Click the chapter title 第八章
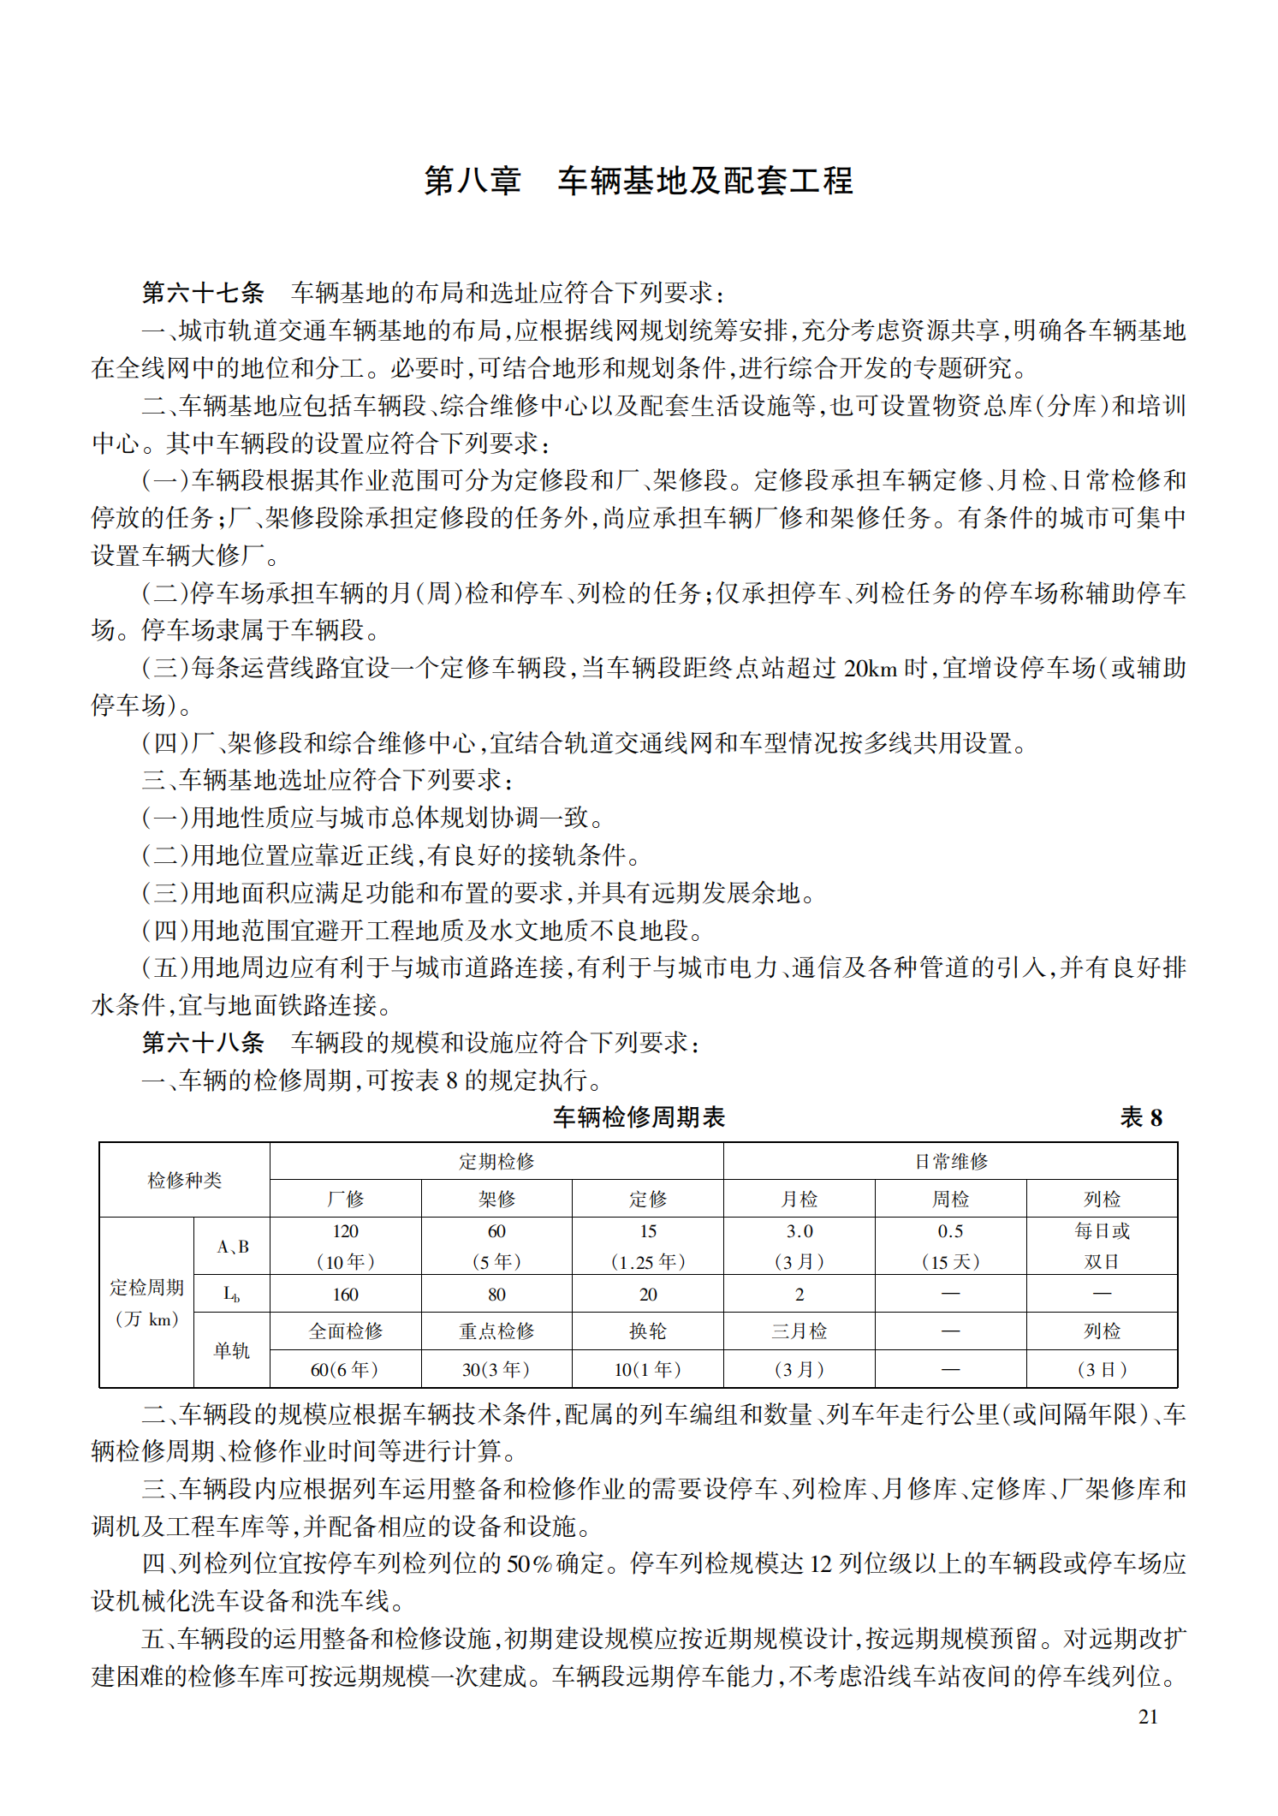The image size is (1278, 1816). point(473,181)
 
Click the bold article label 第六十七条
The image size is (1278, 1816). point(203,293)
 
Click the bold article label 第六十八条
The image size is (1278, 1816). point(203,1042)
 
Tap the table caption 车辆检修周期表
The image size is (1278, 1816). point(639,1116)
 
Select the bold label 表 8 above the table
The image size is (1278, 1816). point(1141,1117)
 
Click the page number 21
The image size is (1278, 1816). point(1148,1716)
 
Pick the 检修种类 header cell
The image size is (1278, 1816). point(185,1180)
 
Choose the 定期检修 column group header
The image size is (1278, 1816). point(496,1161)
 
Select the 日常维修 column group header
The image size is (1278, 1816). point(950,1161)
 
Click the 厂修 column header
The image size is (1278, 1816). point(346,1199)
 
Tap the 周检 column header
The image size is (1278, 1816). point(950,1199)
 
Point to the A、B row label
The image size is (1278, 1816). point(232,1247)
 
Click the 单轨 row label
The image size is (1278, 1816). point(232,1350)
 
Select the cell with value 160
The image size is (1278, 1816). point(346,1295)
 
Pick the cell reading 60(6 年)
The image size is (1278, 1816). point(346,1369)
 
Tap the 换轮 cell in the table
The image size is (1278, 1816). point(648,1331)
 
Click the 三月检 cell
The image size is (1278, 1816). point(799,1331)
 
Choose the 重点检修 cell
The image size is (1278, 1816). point(496,1331)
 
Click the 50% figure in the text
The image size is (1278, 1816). point(529,1564)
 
